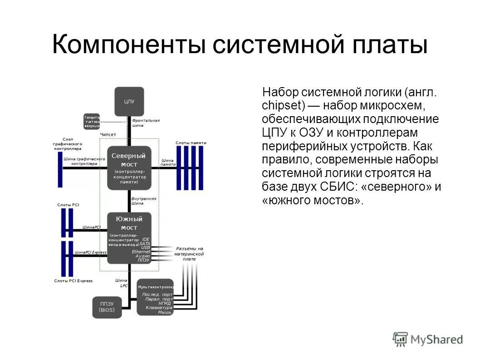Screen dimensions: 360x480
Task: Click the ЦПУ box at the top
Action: click(x=129, y=101)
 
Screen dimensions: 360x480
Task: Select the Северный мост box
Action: click(x=129, y=168)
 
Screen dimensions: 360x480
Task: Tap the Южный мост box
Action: click(x=129, y=237)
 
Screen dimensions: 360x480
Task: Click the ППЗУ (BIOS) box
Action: click(x=107, y=307)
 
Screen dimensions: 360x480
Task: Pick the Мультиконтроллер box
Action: click(x=155, y=297)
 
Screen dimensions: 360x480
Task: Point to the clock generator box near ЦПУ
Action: click(x=91, y=121)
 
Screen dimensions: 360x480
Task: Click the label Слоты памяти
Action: click(x=191, y=143)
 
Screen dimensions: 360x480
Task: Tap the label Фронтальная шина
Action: click(x=146, y=123)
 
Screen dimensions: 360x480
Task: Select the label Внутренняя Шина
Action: click(x=144, y=201)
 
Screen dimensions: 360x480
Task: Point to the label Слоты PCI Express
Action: click(x=73, y=281)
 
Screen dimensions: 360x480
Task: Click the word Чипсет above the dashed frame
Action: click(x=108, y=134)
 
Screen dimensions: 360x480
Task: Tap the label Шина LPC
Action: click(x=121, y=283)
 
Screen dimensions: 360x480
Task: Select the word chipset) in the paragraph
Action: click(x=284, y=106)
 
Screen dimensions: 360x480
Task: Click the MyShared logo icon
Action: click(x=400, y=339)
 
